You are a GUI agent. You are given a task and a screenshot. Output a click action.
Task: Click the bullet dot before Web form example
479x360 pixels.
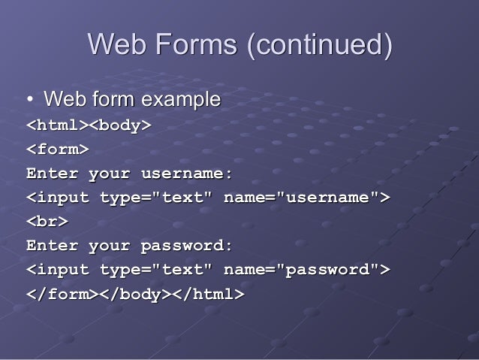[x=30, y=99]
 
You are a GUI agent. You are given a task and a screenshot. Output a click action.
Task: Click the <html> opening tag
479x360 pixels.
[x=58, y=126]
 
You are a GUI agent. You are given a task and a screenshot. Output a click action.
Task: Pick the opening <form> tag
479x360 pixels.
[x=58, y=150]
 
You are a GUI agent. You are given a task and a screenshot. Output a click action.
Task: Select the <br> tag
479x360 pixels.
[x=47, y=222]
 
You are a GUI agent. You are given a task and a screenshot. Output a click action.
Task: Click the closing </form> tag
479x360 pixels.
[x=63, y=294]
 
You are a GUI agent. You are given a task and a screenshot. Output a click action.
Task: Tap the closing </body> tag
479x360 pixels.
[x=136, y=294]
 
